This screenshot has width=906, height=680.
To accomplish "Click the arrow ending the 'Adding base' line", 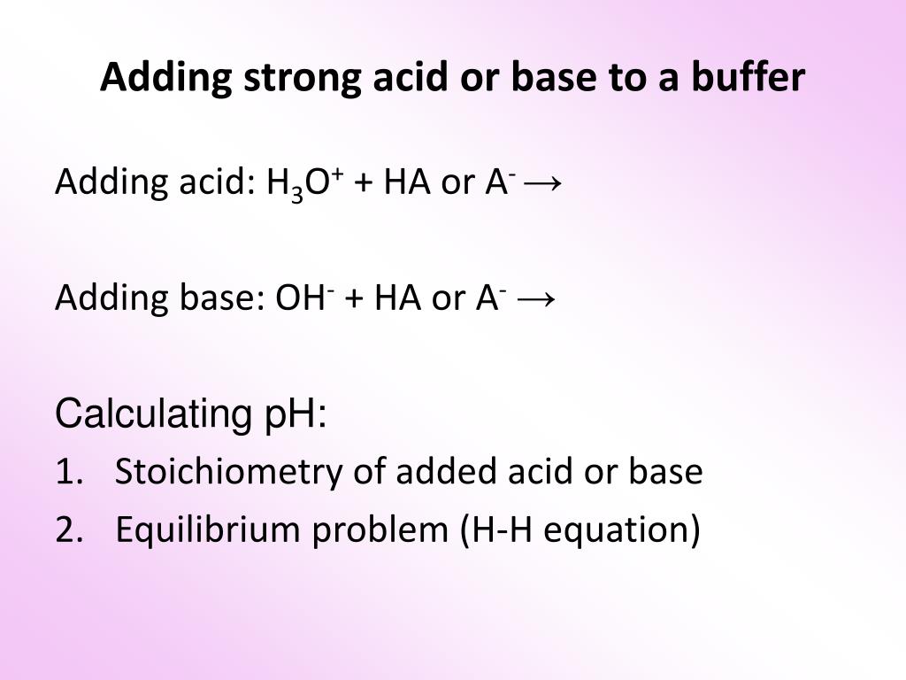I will coord(536,298).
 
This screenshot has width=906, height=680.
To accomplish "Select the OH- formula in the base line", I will coord(302,298).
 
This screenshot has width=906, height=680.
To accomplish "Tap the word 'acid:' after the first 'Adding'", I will coord(213,183).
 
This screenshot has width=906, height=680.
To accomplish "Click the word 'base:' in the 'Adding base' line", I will coord(221,298).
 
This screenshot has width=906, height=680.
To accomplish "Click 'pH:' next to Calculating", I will coord(296,413).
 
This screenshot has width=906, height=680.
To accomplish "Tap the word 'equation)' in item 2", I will coord(619,530).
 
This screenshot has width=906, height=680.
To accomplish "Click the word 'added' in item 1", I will coord(448,472).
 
